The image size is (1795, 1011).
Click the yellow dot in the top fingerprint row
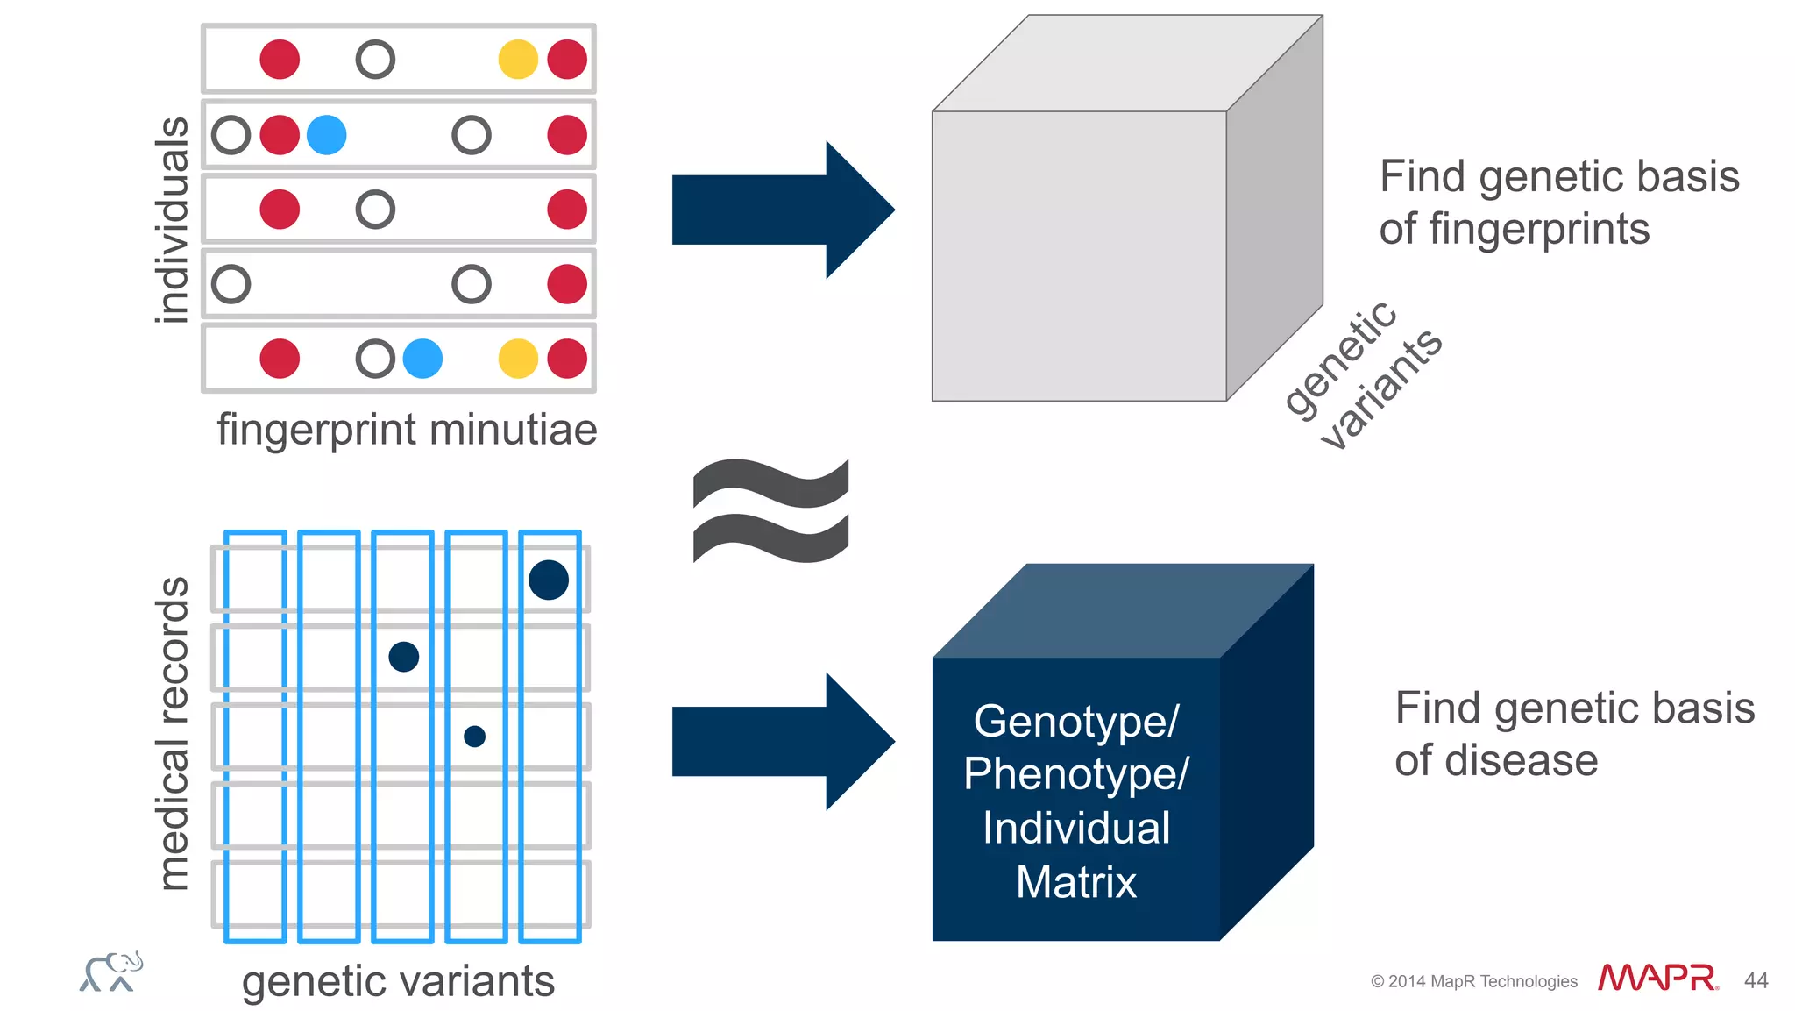click(x=518, y=60)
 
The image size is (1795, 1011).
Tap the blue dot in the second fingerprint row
click(x=327, y=135)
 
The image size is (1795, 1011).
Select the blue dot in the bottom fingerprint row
click(x=422, y=359)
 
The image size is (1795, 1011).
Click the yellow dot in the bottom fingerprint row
click(x=518, y=359)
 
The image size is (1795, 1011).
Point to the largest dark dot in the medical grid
click(x=549, y=580)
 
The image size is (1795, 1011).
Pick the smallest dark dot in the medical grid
click(x=474, y=736)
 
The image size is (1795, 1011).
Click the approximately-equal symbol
click(x=770, y=510)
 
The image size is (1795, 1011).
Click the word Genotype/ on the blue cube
click(x=1076, y=722)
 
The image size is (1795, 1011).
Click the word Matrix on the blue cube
click(x=1076, y=882)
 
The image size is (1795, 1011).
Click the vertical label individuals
click(x=172, y=219)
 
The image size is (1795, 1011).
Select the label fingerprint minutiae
click(x=407, y=430)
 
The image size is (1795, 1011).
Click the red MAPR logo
click(x=1657, y=978)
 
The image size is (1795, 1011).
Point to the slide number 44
click(x=1756, y=980)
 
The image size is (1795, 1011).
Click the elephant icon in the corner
click(x=111, y=972)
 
